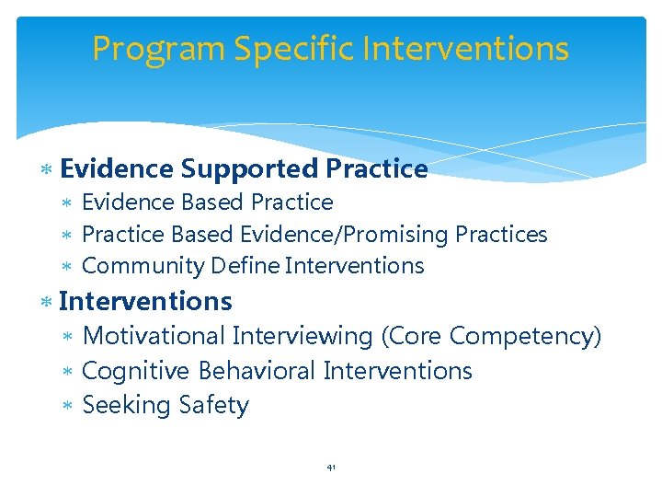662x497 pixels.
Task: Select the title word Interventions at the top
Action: click(x=464, y=49)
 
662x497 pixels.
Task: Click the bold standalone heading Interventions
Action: click(x=145, y=301)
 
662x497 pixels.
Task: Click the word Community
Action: click(x=143, y=267)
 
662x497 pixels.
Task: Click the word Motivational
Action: click(x=154, y=337)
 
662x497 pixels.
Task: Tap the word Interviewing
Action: click(x=302, y=337)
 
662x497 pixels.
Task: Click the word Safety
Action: click(x=214, y=406)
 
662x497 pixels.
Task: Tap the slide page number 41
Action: click(x=331, y=468)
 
